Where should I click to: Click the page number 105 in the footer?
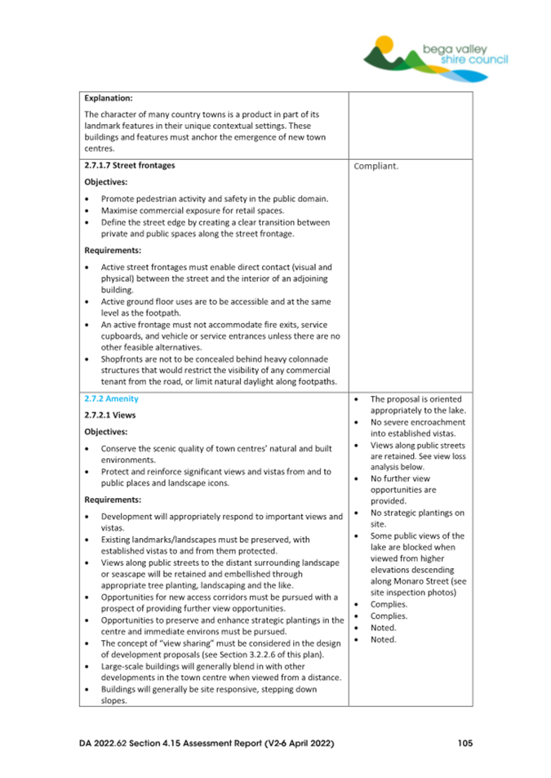click(464, 743)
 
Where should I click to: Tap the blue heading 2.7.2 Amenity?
click(112, 398)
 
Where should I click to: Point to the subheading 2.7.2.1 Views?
click(109, 415)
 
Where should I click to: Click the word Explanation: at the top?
click(113, 97)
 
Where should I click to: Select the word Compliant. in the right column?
click(378, 166)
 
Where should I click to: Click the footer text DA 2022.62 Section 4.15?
click(139, 743)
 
